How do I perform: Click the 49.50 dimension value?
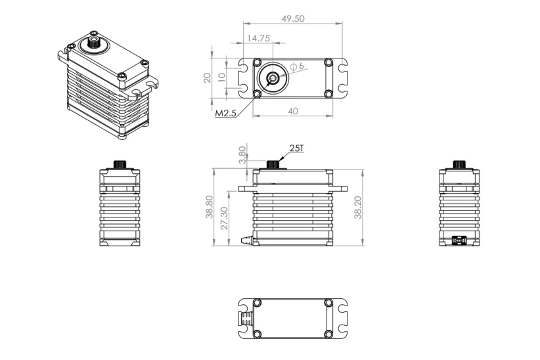coord(293,19)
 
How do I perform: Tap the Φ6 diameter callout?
coord(296,66)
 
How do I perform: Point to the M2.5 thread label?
coord(226,113)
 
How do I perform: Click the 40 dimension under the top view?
coord(293,111)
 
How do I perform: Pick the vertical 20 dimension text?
coord(208,78)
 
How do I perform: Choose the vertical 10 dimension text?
coord(222,77)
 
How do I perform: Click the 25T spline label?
coord(296,149)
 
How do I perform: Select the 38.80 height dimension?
coord(210,207)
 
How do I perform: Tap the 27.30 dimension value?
coord(224,218)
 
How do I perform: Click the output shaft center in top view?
coord(272,78)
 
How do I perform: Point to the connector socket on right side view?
coord(459,240)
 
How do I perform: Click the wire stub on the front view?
coord(248,238)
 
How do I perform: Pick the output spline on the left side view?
coord(120,164)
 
